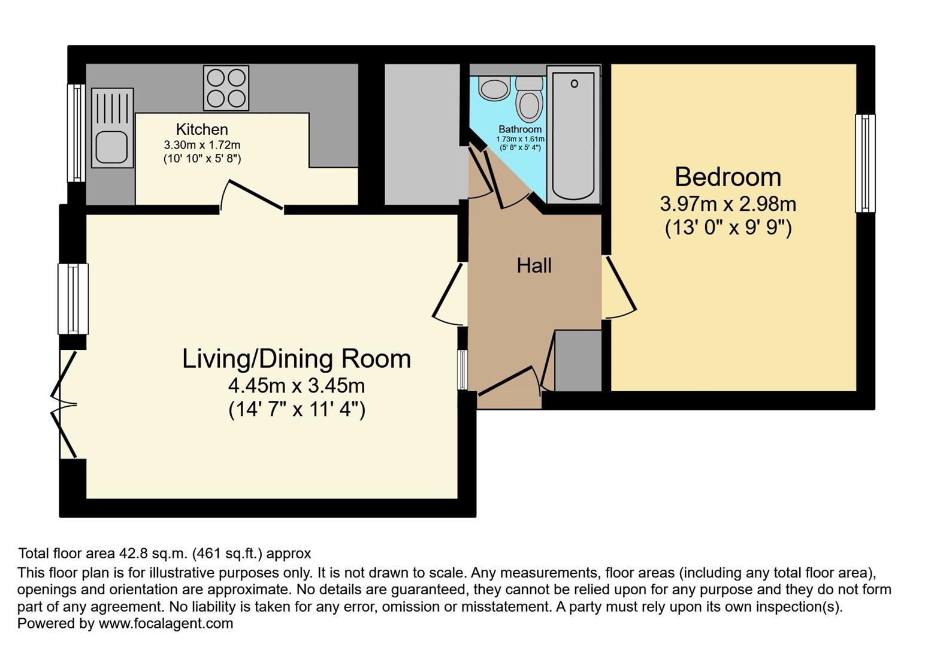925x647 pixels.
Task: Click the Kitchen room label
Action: click(x=202, y=129)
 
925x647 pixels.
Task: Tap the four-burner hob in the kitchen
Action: click(x=226, y=88)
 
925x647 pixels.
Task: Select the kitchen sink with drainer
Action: click(x=112, y=128)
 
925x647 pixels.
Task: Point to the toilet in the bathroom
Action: click(x=528, y=100)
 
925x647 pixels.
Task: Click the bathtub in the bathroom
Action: click(x=573, y=135)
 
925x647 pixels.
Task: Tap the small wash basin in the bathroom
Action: click(x=494, y=89)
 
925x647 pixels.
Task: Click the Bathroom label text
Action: click(x=519, y=129)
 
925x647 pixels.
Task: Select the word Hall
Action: click(x=534, y=265)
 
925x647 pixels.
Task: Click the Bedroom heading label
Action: click(x=727, y=177)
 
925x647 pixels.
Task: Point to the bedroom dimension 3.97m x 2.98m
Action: click(x=727, y=204)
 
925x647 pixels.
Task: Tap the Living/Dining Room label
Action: click(x=297, y=359)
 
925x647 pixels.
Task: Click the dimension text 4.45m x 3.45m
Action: click(x=297, y=385)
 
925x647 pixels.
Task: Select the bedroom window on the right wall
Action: click(x=864, y=164)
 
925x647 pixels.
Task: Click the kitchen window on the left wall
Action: click(x=76, y=132)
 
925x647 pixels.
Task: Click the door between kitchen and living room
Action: click(x=252, y=196)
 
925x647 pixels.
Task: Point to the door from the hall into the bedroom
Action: click(x=620, y=288)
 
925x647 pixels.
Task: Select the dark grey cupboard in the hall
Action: click(x=578, y=360)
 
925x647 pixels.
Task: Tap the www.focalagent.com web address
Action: click(x=165, y=624)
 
